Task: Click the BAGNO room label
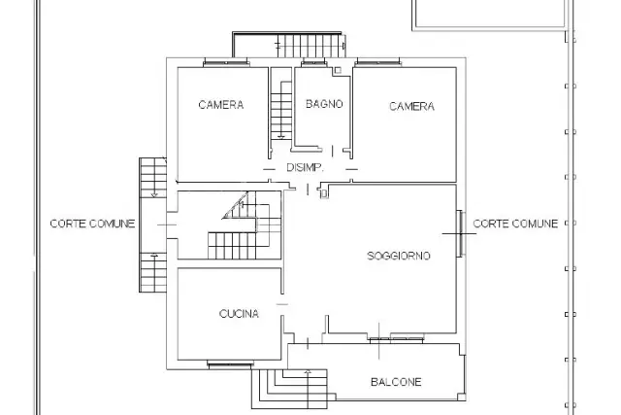pyautogui.click(x=324, y=104)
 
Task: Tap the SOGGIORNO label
pyautogui.click(x=399, y=256)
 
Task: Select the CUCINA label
pyautogui.click(x=239, y=314)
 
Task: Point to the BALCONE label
pyautogui.click(x=396, y=382)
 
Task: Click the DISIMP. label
pyautogui.click(x=305, y=167)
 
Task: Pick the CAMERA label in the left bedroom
pyautogui.click(x=221, y=105)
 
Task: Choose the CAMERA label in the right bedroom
pyautogui.click(x=411, y=106)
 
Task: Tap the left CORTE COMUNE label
pyautogui.click(x=93, y=224)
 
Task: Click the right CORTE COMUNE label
pyautogui.click(x=515, y=224)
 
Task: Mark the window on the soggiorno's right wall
pyautogui.click(x=461, y=233)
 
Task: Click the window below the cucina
pyautogui.click(x=230, y=364)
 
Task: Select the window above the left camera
pyautogui.click(x=226, y=62)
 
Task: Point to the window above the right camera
pyautogui.click(x=378, y=62)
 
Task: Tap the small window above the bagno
pyautogui.click(x=313, y=62)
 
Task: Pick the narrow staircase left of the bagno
pyautogui.click(x=281, y=110)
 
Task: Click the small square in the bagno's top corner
pyautogui.click(x=338, y=70)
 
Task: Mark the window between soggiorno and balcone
pyautogui.click(x=396, y=339)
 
